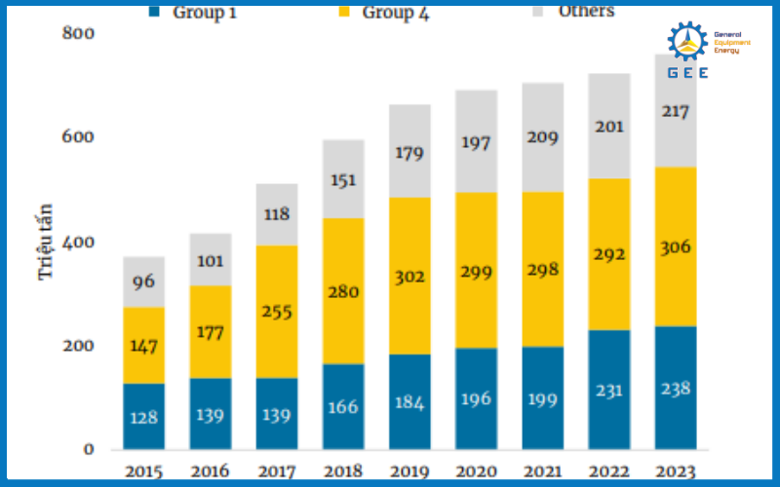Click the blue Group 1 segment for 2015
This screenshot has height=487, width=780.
(143, 416)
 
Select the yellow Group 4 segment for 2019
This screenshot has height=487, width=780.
(410, 276)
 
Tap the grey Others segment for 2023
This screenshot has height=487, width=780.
(676, 111)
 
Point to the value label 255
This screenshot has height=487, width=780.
(277, 312)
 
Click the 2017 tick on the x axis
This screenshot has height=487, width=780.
(276, 471)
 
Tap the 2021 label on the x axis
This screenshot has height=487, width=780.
(543, 471)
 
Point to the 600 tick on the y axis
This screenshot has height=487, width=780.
(77, 137)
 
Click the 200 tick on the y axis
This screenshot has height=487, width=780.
(77, 346)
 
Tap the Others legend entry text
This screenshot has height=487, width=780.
(585, 11)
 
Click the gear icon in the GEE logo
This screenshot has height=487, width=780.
(687, 41)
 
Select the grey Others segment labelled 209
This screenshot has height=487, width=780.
(543, 137)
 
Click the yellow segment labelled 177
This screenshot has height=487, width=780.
(210, 331)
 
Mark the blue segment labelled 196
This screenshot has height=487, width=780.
(477, 398)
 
